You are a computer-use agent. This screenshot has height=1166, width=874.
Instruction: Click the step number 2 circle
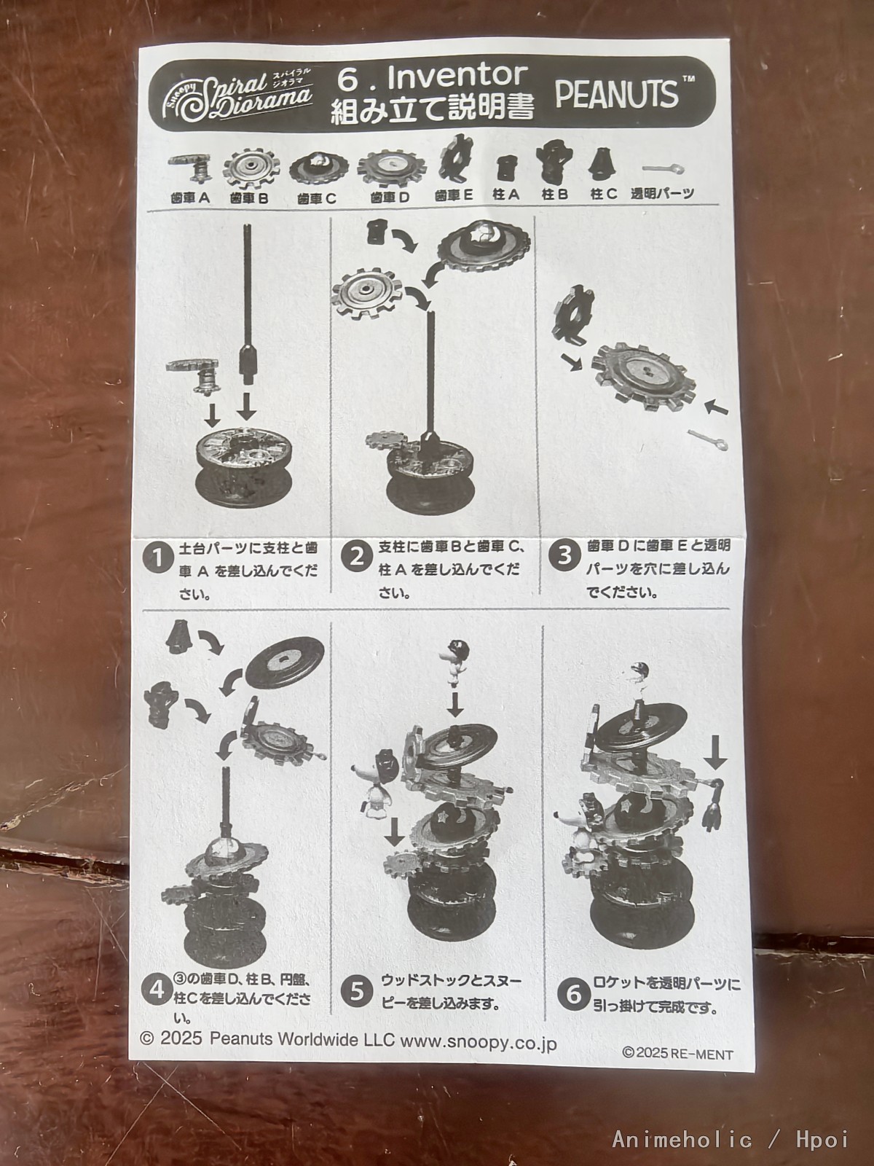coord(357,557)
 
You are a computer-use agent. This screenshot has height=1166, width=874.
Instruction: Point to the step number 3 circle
coord(566,556)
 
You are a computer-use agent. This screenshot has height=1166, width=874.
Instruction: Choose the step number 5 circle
coord(357,992)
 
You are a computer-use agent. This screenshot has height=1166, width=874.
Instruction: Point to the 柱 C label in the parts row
coord(604,194)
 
